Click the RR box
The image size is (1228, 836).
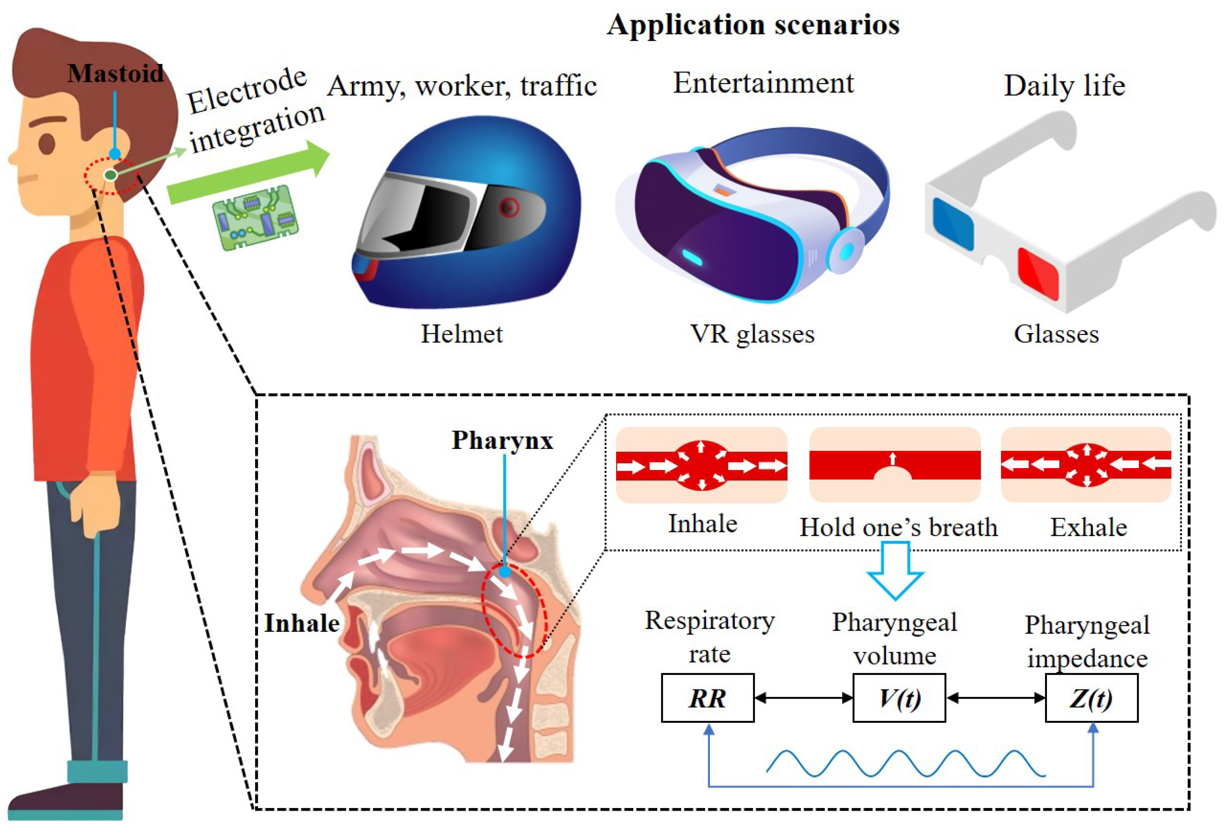pyautogui.click(x=707, y=697)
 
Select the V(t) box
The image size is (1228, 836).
pyautogui.click(x=899, y=697)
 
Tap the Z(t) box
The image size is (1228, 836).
pyautogui.click(x=1091, y=697)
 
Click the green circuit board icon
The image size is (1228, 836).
pyautogui.click(x=255, y=217)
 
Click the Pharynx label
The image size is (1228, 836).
pyautogui.click(x=502, y=440)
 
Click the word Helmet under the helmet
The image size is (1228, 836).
pyautogui.click(x=461, y=334)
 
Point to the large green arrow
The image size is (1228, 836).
pyautogui.click(x=248, y=175)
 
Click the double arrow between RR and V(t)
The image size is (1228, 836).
pyautogui.click(x=803, y=697)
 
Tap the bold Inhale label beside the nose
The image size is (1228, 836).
pyautogui.click(x=302, y=623)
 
